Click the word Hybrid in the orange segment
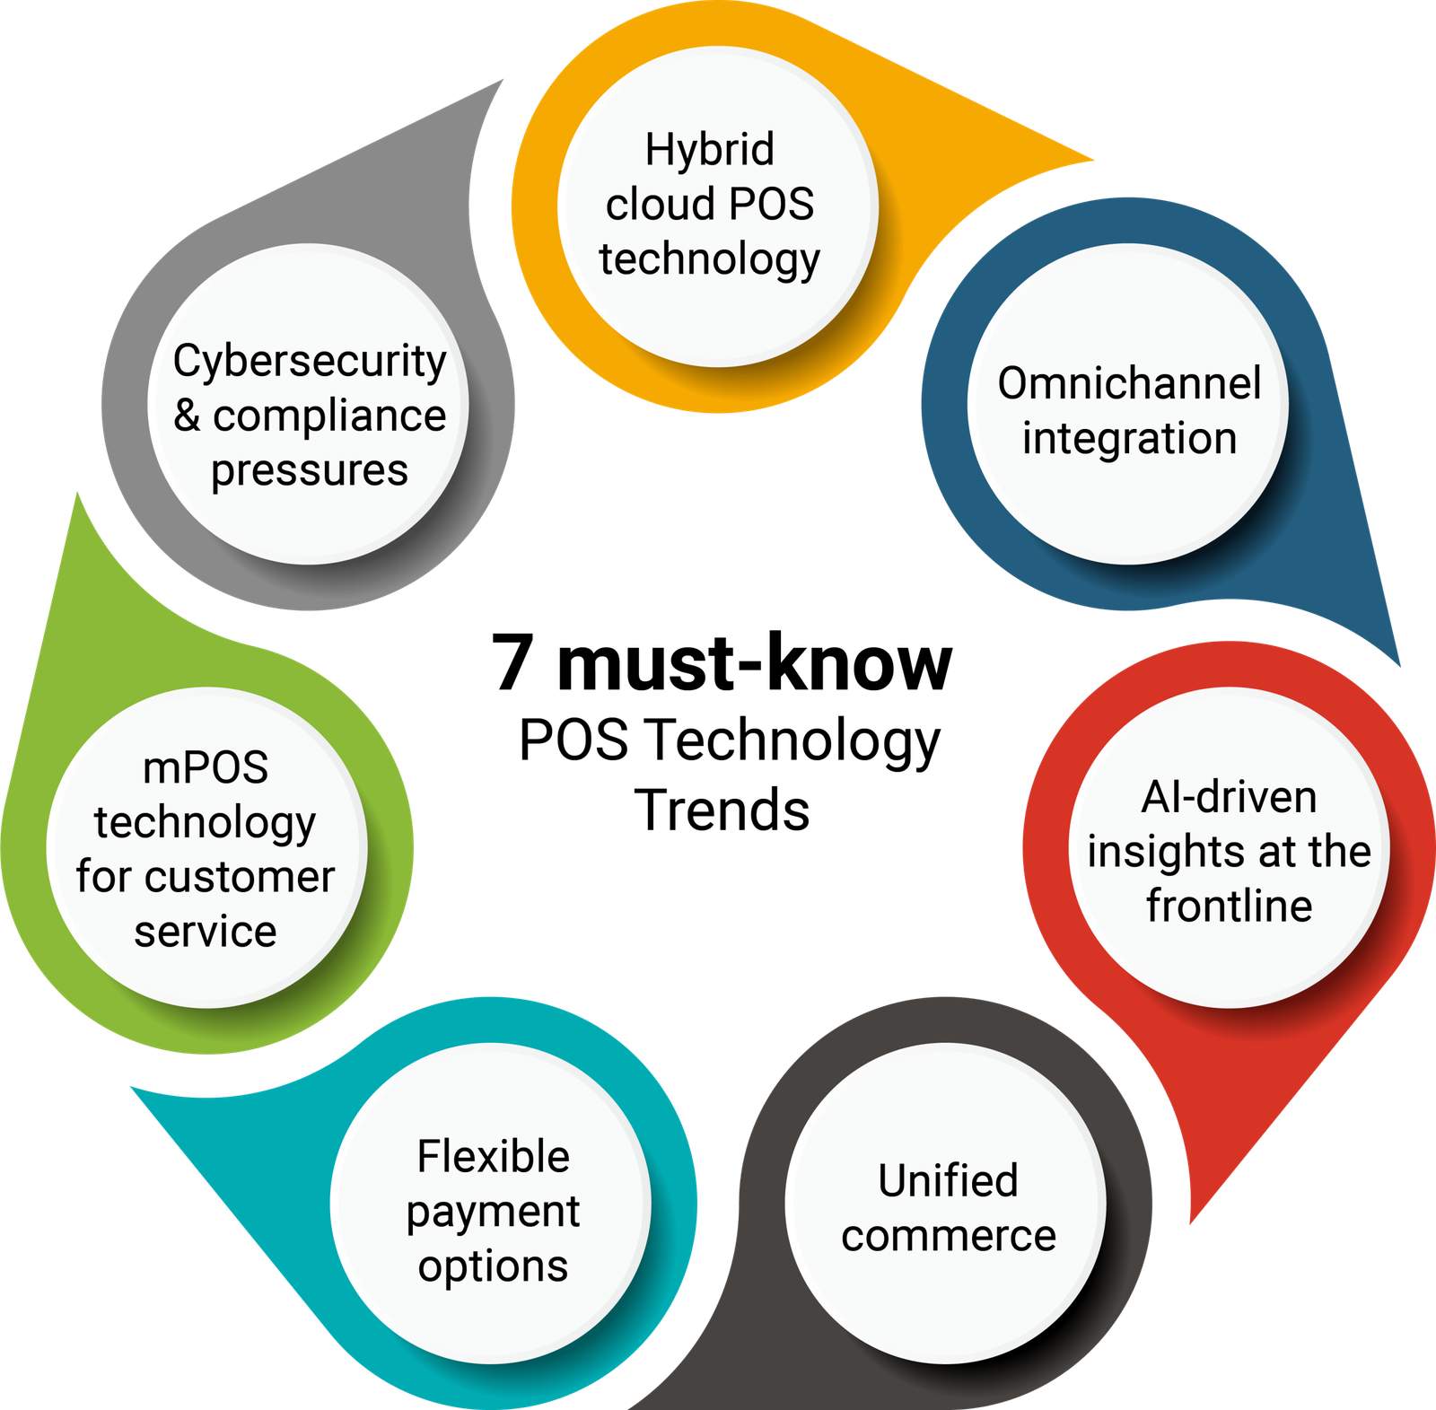709,150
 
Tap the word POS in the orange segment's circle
772,205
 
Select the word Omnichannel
1129,383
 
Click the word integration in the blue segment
1129,439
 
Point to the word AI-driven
1229,797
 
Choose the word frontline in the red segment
1229,906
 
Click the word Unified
948,1180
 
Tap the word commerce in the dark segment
948,1236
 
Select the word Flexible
493,1156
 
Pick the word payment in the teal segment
493,1213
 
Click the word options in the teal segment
493,1266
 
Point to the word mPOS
206,767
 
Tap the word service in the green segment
206,932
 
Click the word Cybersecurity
310,362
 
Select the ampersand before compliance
187,415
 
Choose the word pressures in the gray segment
310,470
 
